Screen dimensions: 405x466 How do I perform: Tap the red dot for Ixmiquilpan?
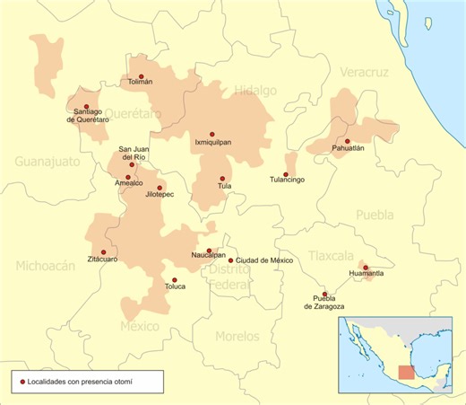click(x=212, y=134)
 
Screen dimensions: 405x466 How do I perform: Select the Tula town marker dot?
click(x=224, y=178)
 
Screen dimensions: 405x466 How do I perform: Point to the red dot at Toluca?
click(x=175, y=280)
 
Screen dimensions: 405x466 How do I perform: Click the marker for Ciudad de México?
click(x=230, y=260)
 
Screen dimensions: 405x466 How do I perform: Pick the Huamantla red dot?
click(x=366, y=267)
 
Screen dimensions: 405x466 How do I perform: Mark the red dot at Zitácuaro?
click(x=103, y=252)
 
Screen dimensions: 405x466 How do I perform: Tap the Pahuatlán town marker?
click(x=347, y=141)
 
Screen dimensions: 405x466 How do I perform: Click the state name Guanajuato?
click(x=47, y=161)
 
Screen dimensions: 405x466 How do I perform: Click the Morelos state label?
click(x=237, y=336)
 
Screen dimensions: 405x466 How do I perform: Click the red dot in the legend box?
click(x=22, y=383)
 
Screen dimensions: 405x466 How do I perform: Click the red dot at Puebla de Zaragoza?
click(x=324, y=294)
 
